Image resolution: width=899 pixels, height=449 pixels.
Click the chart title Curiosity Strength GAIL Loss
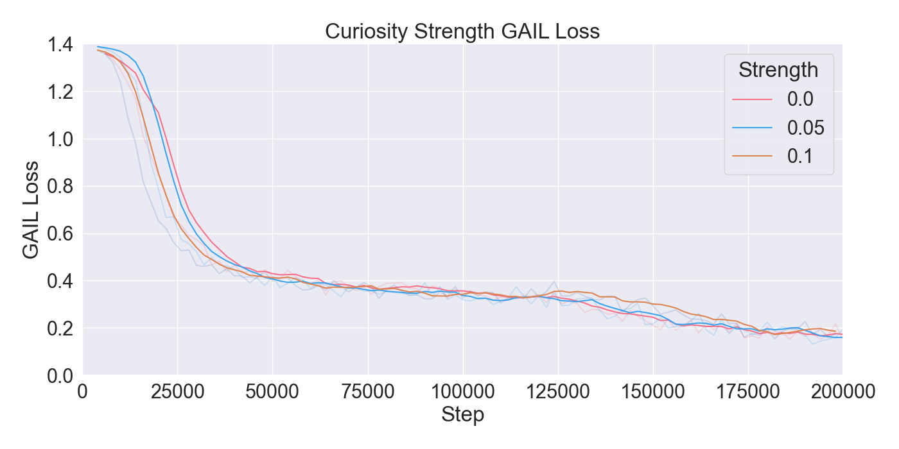tap(462, 31)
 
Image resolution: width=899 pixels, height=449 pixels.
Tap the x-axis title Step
tap(462, 415)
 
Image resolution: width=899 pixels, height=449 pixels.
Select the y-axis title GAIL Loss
tap(31, 210)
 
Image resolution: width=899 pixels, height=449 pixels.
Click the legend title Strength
tap(778, 70)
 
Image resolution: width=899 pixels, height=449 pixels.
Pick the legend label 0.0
tap(800, 99)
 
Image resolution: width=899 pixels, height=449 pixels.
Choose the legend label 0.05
tap(805, 128)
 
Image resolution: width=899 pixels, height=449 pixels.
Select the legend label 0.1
tap(800, 156)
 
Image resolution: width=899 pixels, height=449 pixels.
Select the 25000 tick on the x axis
tap(178, 391)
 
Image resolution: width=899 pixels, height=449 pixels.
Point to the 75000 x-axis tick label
tap(368, 391)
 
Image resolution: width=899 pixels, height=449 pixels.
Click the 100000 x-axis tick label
tap(462, 391)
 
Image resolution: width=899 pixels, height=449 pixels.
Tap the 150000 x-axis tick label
tap(652, 391)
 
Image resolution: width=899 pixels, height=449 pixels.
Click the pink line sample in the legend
tap(752, 99)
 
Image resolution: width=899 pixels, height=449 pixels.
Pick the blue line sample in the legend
tap(752, 128)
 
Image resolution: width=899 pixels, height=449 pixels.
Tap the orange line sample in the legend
tap(752, 156)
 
